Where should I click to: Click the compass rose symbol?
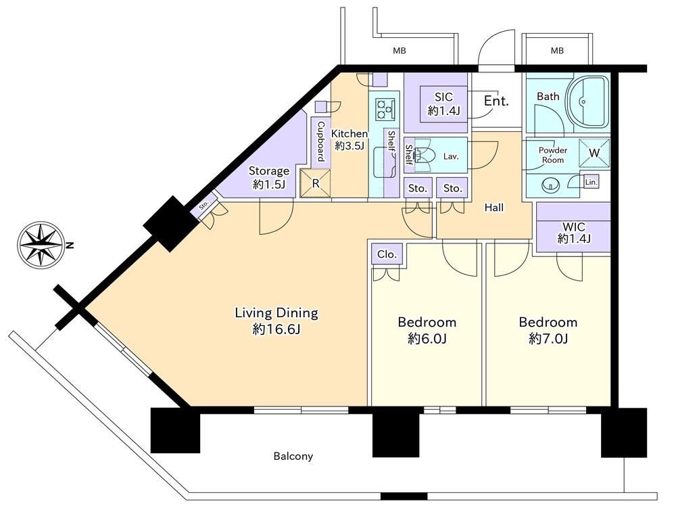click(x=42, y=245)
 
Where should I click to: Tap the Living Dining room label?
click(x=276, y=312)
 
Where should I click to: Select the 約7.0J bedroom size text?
click(x=548, y=339)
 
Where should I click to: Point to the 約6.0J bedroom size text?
click(x=427, y=339)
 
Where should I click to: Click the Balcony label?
click(x=293, y=456)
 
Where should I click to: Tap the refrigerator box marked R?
click(x=316, y=183)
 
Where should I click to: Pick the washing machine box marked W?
click(x=594, y=153)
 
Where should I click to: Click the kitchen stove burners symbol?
click(x=385, y=109)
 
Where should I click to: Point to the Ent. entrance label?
click(x=496, y=101)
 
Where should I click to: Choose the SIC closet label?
click(x=443, y=97)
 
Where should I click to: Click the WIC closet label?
click(x=574, y=227)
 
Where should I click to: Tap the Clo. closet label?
click(x=387, y=254)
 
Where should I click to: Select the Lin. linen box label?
click(x=591, y=182)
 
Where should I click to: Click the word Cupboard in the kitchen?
click(x=320, y=141)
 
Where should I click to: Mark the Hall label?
click(x=494, y=208)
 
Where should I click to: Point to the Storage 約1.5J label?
click(x=269, y=178)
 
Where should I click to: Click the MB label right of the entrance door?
click(x=557, y=51)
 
